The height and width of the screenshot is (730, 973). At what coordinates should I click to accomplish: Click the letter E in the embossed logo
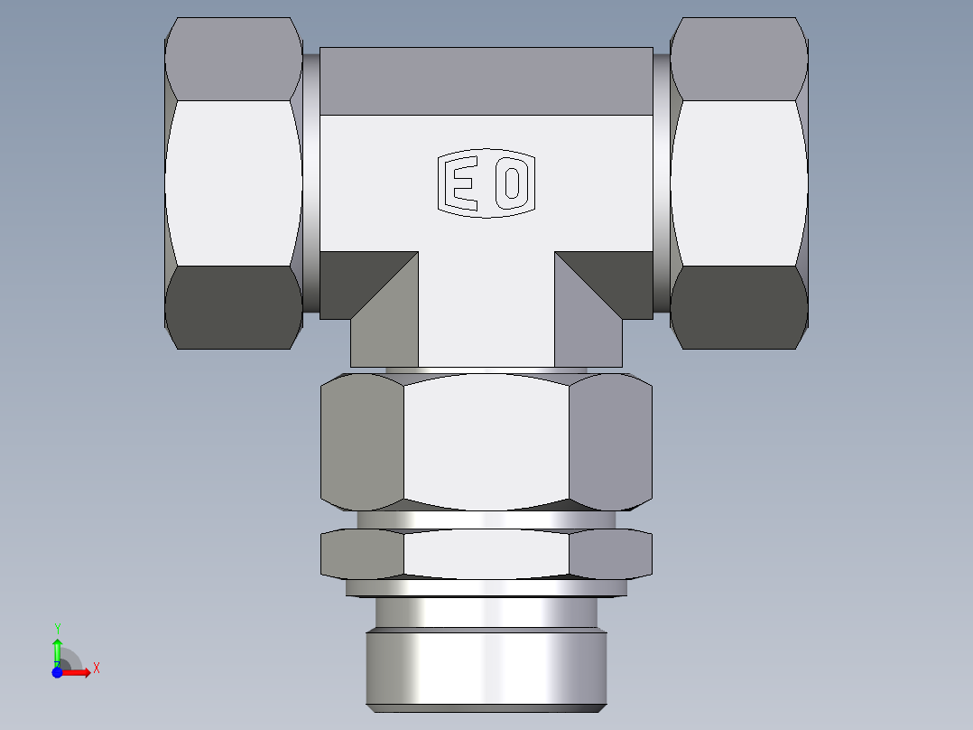click(464, 183)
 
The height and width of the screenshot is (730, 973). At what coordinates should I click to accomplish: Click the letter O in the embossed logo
click(512, 183)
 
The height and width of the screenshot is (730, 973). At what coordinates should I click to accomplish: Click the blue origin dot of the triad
click(57, 672)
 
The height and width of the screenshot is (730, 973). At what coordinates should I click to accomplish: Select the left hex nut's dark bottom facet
click(234, 307)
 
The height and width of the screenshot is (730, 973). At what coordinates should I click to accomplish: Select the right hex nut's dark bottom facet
click(739, 307)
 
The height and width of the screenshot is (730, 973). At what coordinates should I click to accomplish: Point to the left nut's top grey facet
click(234, 58)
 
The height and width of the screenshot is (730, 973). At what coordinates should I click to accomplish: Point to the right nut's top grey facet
click(739, 58)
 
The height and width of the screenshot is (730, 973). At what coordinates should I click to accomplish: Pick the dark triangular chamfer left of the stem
click(361, 276)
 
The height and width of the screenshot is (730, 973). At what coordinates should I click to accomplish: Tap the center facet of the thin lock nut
click(486, 553)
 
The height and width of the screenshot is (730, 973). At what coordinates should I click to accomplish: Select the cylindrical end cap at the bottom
click(486, 669)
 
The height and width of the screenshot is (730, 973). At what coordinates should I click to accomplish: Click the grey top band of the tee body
click(486, 81)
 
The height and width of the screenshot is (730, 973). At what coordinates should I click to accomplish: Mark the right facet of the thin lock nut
click(610, 553)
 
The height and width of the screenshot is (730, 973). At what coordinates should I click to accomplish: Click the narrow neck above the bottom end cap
click(486, 614)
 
